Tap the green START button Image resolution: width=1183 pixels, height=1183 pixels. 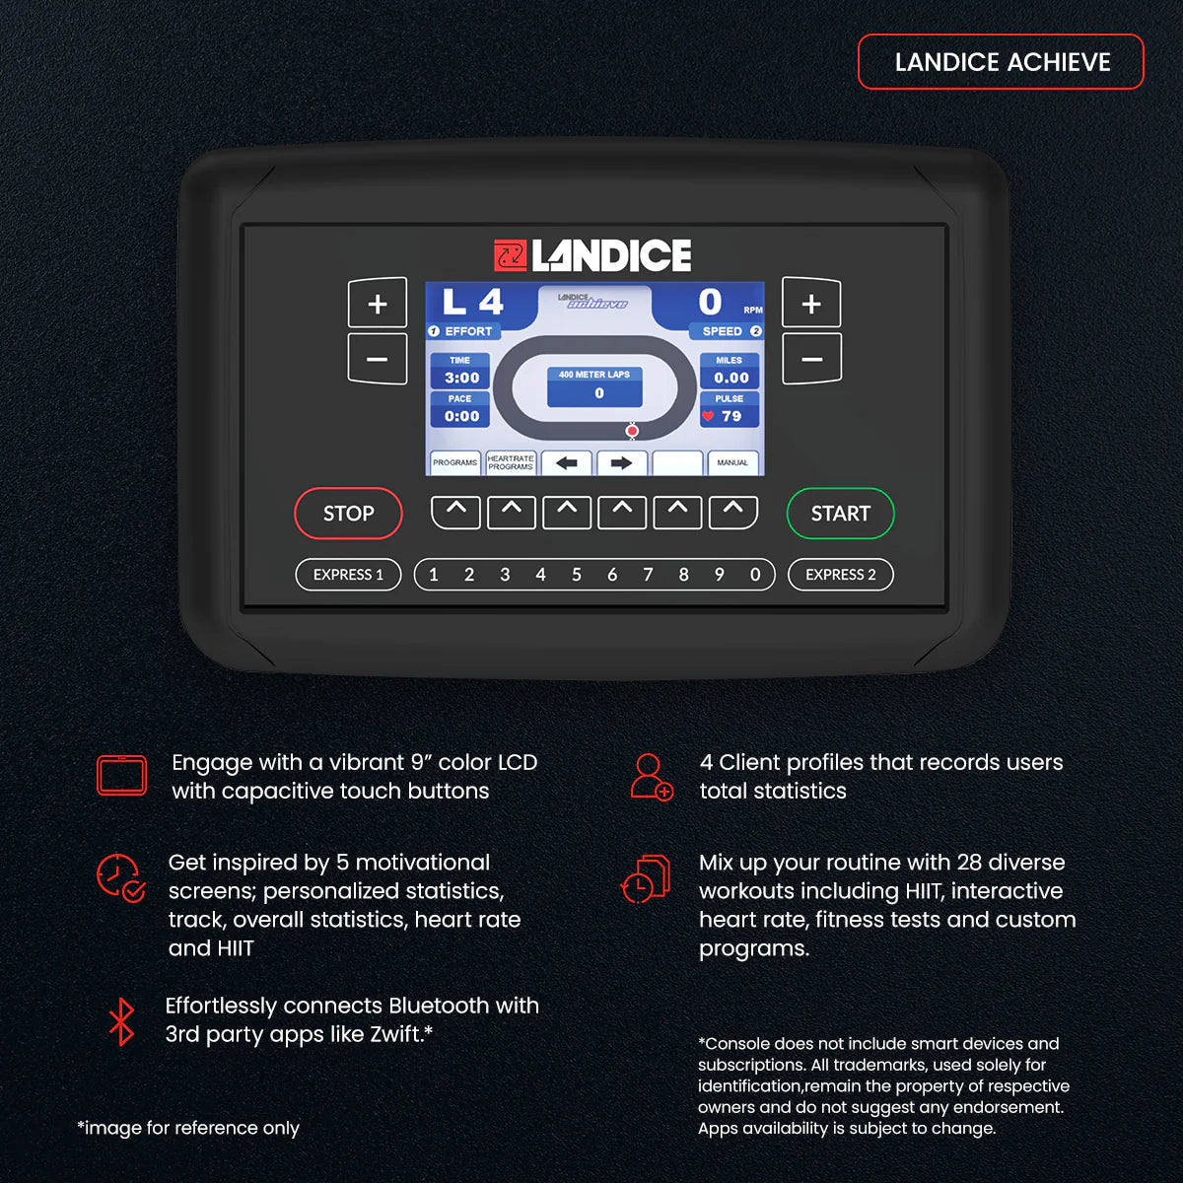(x=840, y=514)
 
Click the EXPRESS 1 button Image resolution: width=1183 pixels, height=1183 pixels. (x=348, y=575)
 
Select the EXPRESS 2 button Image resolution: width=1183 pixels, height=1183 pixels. (x=840, y=575)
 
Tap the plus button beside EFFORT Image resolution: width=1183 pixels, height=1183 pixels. (x=378, y=304)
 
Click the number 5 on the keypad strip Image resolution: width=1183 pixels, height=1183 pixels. (x=577, y=575)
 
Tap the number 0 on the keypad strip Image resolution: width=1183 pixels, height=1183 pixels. (x=755, y=575)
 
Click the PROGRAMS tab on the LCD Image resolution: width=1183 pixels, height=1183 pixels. (x=454, y=462)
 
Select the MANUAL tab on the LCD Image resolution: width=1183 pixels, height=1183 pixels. (x=732, y=462)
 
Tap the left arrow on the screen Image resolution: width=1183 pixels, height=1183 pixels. (x=567, y=462)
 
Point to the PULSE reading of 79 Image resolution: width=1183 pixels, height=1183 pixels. (x=731, y=416)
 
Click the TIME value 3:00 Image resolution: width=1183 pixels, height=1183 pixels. (x=461, y=378)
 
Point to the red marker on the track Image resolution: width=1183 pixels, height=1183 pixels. (x=632, y=431)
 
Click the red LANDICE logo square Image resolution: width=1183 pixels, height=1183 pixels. (x=510, y=256)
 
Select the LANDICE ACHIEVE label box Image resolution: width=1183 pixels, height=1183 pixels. (x=1001, y=62)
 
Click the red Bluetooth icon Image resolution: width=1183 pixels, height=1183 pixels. (x=121, y=1021)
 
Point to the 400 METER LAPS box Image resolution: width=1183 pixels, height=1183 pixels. (x=594, y=385)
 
